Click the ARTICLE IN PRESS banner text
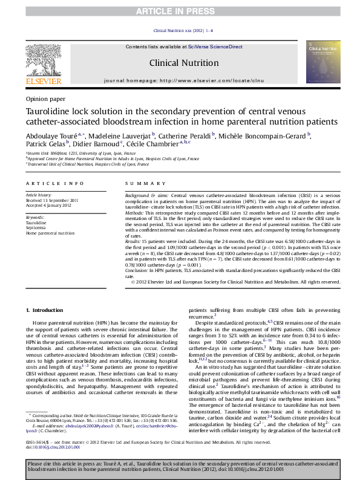click(179, 11)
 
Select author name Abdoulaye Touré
click(51, 135)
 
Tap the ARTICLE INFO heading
click(54, 183)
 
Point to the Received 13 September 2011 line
click(51, 200)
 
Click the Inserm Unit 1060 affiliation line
click(82, 154)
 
